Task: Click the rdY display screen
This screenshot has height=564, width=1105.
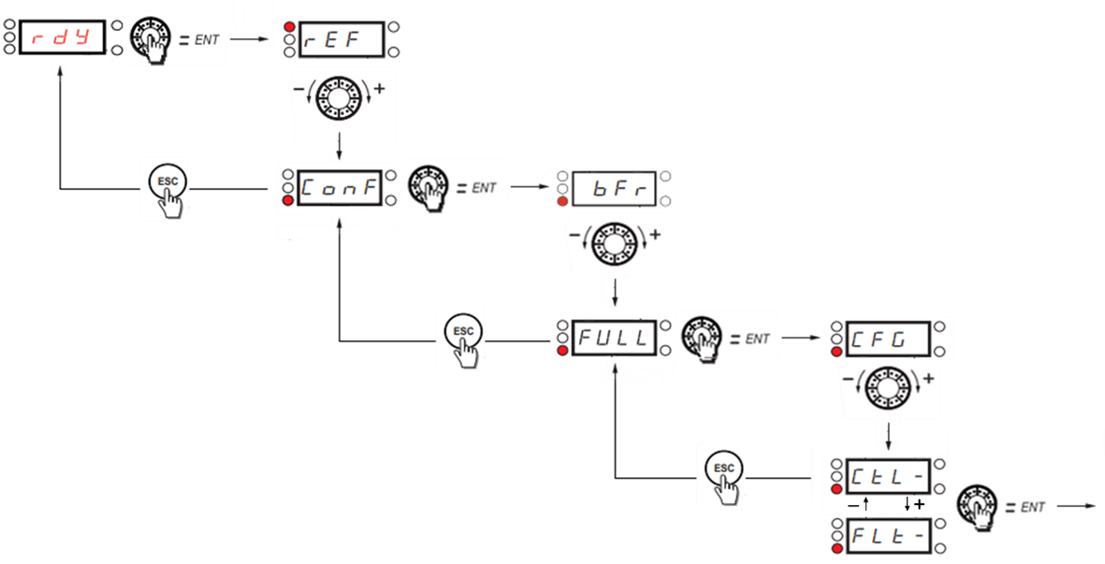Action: [63, 39]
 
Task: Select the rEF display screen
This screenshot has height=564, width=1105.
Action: [342, 40]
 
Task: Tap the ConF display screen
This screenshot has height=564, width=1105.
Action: [342, 188]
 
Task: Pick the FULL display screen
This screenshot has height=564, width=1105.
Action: [615, 338]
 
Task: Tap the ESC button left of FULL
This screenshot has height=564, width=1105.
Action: [462, 331]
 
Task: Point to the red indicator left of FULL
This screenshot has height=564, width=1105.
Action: [561, 350]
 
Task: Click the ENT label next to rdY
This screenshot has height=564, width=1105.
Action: [208, 39]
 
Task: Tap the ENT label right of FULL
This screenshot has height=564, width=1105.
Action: [757, 339]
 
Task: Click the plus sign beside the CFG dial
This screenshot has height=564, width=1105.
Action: [929, 379]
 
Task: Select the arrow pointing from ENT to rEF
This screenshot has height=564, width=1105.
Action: [250, 39]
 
